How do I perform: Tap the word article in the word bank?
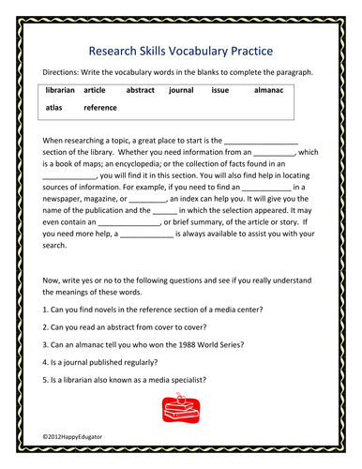point(95,91)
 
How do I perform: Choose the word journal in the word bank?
point(181,91)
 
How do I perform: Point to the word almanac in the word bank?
point(269,91)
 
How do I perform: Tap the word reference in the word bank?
point(100,108)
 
